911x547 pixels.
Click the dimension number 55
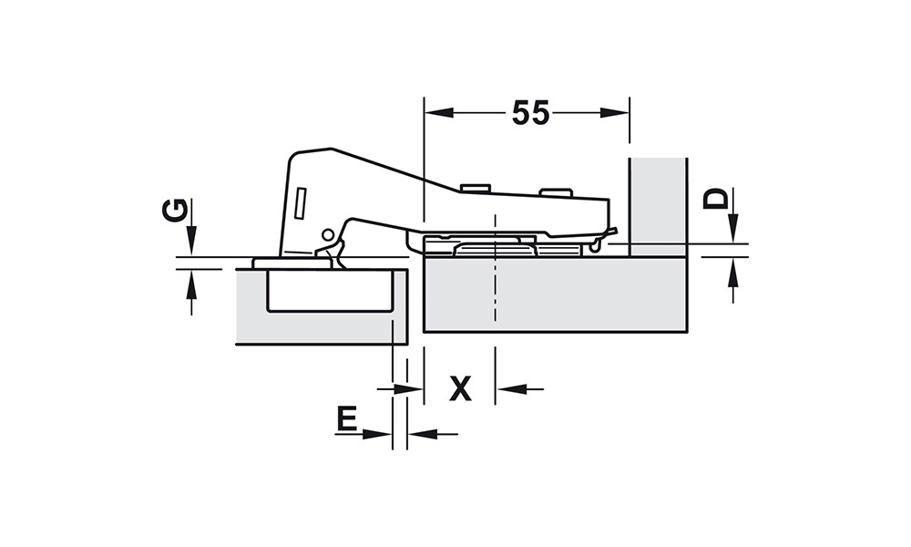click(x=530, y=113)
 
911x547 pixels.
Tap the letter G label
click(x=175, y=211)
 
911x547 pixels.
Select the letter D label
click(x=715, y=198)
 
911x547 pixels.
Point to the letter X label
click(x=461, y=388)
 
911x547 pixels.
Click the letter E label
click(x=346, y=419)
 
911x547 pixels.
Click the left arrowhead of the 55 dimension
click(x=439, y=113)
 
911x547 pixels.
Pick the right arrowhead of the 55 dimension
click(x=615, y=113)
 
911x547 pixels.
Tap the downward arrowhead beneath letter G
click(x=191, y=240)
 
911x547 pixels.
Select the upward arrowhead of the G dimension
click(x=191, y=284)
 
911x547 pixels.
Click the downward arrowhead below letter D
click(x=733, y=229)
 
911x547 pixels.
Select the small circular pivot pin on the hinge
click(x=328, y=235)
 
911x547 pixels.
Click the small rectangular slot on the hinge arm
click(x=301, y=203)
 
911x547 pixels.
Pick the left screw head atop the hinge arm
click(x=476, y=188)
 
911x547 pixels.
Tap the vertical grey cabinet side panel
click(x=658, y=207)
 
